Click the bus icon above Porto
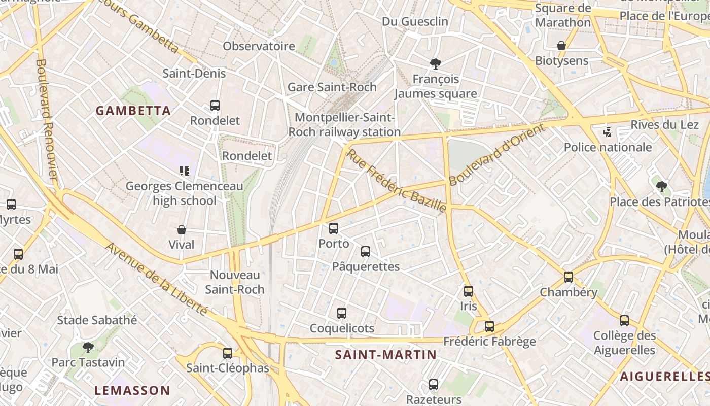[333, 228]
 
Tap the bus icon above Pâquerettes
[365, 251]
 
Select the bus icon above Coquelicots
[341, 313]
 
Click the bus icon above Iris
[468, 291]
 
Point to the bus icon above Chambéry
[568, 277]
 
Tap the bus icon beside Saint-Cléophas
[227, 353]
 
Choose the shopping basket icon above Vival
[181, 230]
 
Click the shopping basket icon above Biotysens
[561, 46]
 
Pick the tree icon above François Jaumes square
[435, 64]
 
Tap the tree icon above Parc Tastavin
[88, 348]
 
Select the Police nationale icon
[607, 132]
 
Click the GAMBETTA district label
[133, 111]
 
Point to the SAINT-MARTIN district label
[386, 354]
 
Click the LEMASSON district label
[132, 390]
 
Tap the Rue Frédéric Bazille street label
[396, 180]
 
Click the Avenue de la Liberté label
[157, 279]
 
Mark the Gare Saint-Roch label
[332, 87]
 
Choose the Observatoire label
[259, 46]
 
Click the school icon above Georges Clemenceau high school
[184, 171]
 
